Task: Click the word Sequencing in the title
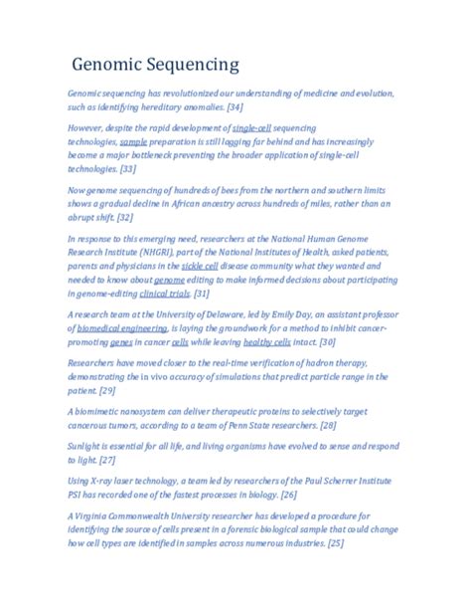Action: [195, 67]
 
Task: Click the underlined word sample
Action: [133, 143]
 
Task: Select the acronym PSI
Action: [77, 495]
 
